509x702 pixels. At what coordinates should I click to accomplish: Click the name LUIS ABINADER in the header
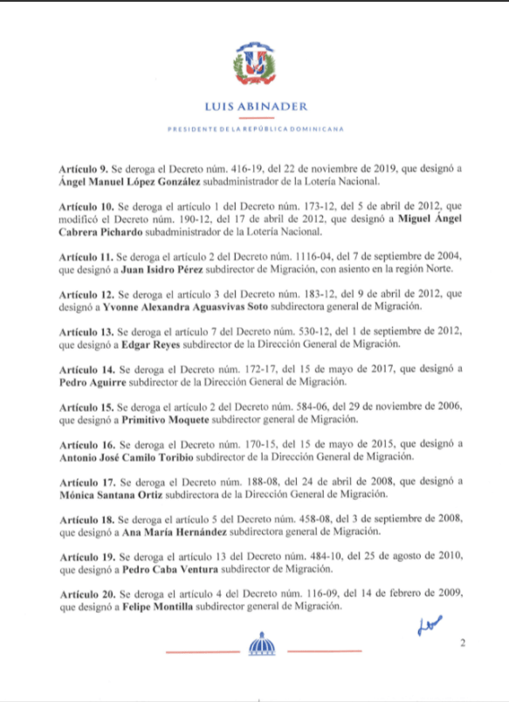[255, 108]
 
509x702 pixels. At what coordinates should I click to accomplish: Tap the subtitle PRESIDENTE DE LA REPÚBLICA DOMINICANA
[255, 128]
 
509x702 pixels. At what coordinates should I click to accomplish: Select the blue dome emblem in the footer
[261, 649]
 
